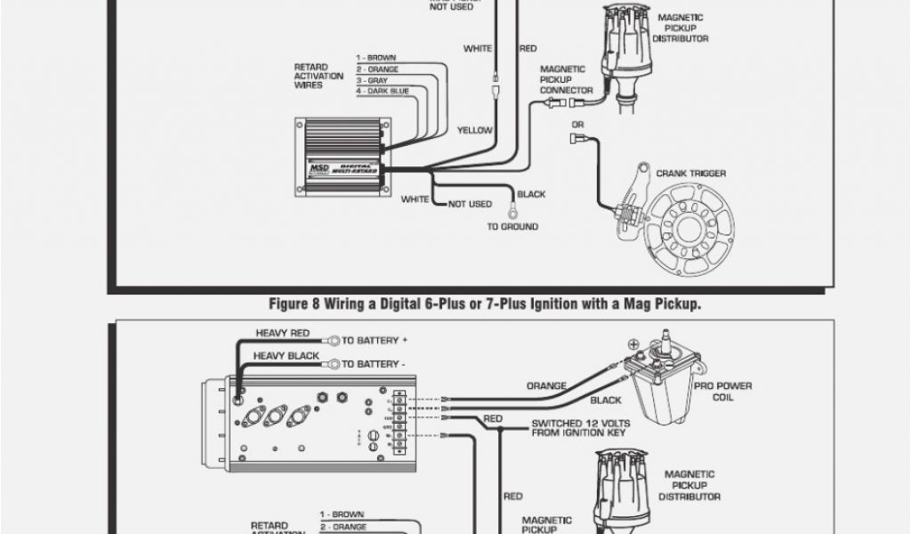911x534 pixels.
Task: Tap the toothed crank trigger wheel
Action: tap(689, 225)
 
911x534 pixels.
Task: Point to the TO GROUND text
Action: tap(512, 227)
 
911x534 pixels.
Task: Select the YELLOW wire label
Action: tap(474, 130)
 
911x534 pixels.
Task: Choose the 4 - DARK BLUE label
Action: tap(383, 91)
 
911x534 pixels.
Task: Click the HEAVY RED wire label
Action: tap(283, 334)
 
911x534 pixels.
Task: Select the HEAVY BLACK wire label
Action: tap(286, 355)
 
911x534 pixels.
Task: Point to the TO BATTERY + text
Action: tap(375, 340)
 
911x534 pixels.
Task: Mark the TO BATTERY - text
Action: tap(375, 363)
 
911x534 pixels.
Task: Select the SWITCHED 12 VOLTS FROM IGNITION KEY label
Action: tap(579, 428)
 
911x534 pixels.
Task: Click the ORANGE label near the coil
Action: tap(547, 386)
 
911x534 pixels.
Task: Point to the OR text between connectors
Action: tap(578, 125)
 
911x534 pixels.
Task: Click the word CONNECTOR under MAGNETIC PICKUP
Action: tap(566, 90)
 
